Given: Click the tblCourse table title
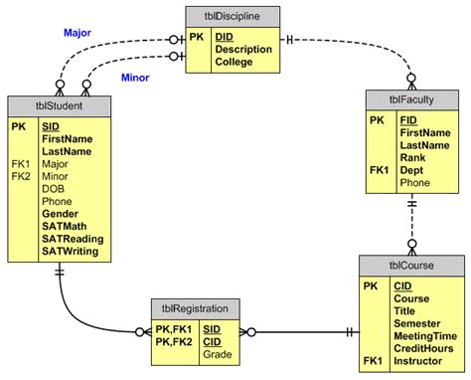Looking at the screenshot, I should (x=411, y=266).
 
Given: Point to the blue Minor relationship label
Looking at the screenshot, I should (x=135, y=77).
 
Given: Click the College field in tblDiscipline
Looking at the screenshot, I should (x=234, y=62).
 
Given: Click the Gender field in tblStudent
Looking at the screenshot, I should (x=61, y=214).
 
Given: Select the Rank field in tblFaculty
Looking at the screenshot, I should (x=413, y=156).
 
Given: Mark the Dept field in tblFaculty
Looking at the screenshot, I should (x=412, y=169).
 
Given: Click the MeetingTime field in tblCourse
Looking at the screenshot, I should (x=425, y=336).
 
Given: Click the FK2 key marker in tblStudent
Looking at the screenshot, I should (x=21, y=176).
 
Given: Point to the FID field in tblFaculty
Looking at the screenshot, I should (x=408, y=118).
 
